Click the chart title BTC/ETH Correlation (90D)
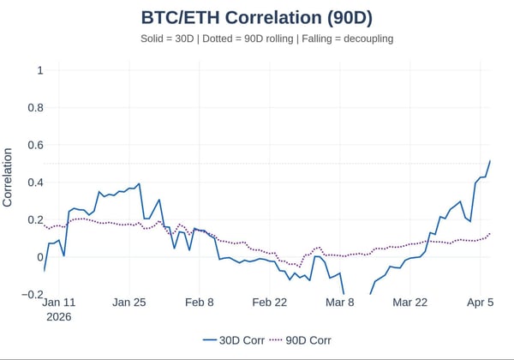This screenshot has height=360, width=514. (256, 18)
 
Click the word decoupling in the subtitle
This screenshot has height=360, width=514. (359, 39)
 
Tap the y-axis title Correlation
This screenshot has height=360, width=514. (9, 177)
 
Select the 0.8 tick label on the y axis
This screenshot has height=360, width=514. (34, 107)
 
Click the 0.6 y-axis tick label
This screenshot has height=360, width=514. (34, 145)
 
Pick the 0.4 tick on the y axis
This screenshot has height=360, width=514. (34, 182)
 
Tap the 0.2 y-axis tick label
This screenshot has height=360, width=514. (34, 219)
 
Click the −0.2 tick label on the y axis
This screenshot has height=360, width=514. (31, 294)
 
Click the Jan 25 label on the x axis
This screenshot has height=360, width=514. (129, 303)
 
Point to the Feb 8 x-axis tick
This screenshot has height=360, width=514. (200, 303)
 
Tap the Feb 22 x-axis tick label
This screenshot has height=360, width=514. (270, 303)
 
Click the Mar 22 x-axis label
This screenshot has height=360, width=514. (409, 303)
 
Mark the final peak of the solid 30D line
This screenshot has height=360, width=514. (490, 160)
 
